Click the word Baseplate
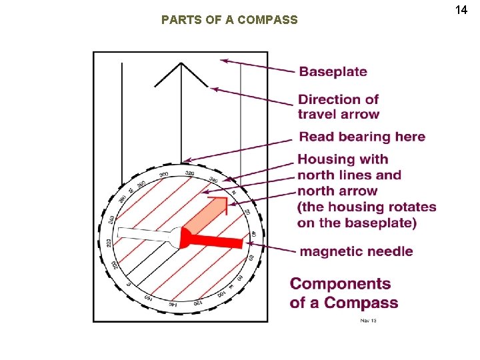click(x=333, y=72)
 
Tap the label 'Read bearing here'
click(x=361, y=137)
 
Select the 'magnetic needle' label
click(x=356, y=251)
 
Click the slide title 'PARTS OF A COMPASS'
click(x=229, y=20)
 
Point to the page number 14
click(x=461, y=10)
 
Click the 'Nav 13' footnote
click(x=369, y=321)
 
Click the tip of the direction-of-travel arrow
click(x=181, y=64)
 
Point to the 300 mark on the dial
click(x=164, y=175)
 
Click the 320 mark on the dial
click(x=189, y=173)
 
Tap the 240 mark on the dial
click(x=111, y=219)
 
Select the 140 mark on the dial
click(x=172, y=304)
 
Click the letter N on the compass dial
click(x=233, y=192)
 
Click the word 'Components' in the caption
click(x=341, y=284)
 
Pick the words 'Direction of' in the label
click(x=338, y=99)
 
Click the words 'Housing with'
click(x=343, y=159)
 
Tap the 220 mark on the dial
click(x=109, y=243)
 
